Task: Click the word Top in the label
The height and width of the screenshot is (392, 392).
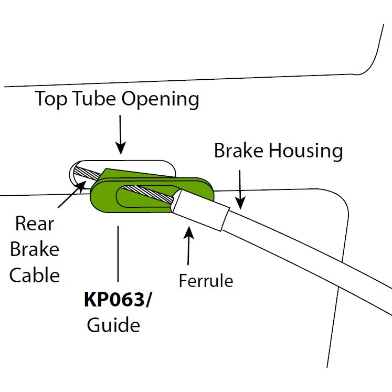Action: coord(52,99)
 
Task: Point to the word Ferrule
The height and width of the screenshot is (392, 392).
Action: coord(206,281)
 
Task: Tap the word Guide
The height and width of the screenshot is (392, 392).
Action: coord(113,325)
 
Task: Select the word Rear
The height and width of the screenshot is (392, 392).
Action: coord(35,224)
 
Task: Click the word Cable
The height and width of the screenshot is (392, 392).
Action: coord(35,274)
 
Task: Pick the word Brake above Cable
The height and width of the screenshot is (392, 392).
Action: coord(35,249)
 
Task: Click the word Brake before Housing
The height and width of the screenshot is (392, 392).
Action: coord(239,151)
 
